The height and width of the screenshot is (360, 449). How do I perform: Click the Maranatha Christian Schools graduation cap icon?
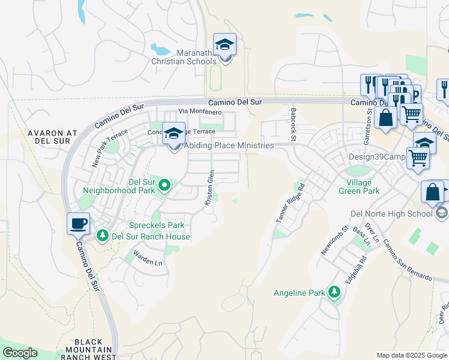[x=225, y=46]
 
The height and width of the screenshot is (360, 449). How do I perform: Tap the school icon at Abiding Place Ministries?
[x=174, y=134]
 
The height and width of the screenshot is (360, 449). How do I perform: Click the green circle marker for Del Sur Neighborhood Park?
[x=163, y=187]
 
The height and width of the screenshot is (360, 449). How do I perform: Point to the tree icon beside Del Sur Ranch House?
[x=103, y=236]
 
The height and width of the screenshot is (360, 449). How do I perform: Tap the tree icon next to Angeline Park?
[x=334, y=293]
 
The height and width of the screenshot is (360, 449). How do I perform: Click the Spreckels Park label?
[x=157, y=226]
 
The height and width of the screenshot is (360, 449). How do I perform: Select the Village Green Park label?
[x=363, y=187]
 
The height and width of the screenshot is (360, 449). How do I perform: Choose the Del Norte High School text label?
[x=391, y=214]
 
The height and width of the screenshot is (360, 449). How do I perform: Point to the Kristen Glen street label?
[x=209, y=188]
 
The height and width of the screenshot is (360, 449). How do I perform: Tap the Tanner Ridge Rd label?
[x=291, y=203]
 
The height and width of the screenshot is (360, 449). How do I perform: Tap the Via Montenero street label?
[x=200, y=112]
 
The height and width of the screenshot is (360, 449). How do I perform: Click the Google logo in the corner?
[x=19, y=353]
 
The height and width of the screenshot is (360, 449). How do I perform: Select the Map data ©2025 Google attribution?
[x=411, y=355]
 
